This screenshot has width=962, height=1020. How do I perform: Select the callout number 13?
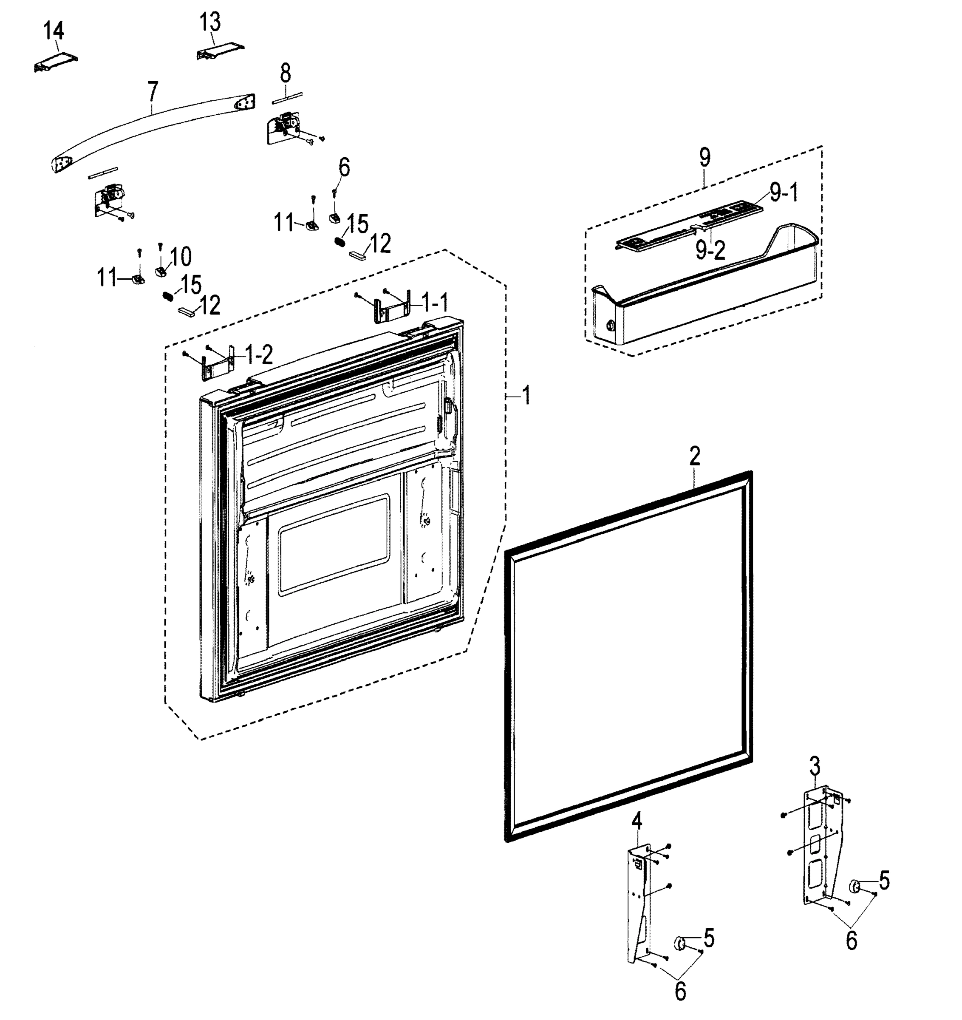click(x=210, y=22)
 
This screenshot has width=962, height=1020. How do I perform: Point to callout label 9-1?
click(x=784, y=193)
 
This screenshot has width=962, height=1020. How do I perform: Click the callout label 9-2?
click(x=710, y=250)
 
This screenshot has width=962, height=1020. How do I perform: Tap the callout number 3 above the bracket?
click(x=814, y=767)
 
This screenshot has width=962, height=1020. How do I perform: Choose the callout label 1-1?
click(x=435, y=303)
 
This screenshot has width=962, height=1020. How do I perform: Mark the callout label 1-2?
click(x=259, y=355)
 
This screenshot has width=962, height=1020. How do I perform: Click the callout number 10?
click(x=180, y=256)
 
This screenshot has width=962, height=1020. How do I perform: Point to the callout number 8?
click(x=285, y=74)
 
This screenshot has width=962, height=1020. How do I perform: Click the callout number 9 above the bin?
click(x=705, y=158)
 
